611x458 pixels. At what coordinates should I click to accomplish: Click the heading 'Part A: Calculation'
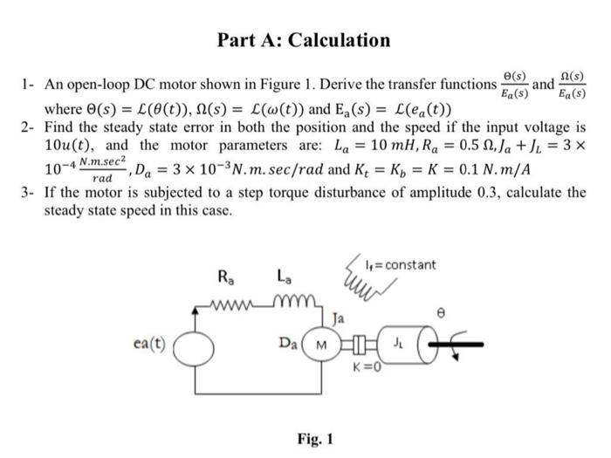[305, 40]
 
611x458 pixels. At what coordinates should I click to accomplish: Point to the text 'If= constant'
[402, 263]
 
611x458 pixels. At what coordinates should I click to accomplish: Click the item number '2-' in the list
[29, 126]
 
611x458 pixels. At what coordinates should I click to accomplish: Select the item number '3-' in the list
[29, 191]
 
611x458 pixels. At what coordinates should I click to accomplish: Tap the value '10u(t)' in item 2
[65, 144]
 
